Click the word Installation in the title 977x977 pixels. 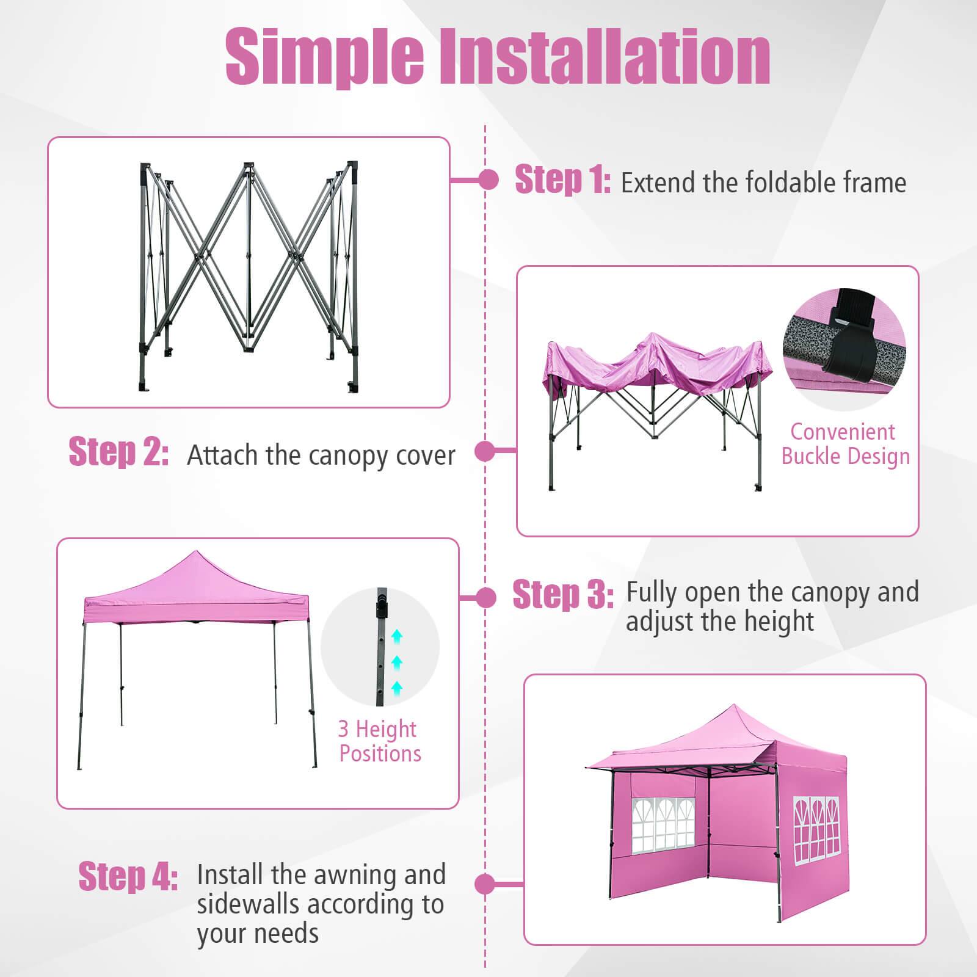tap(605, 56)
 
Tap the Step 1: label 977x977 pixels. tap(562, 180)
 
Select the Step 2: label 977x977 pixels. tap(118, 452)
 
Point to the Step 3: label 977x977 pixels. tap(562, 594)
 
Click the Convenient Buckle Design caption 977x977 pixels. tap(845, 444)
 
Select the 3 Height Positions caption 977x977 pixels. tap(379, 741)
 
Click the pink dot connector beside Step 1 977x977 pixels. tap(488, 180)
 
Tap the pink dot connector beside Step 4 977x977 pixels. tap(485, 884)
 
